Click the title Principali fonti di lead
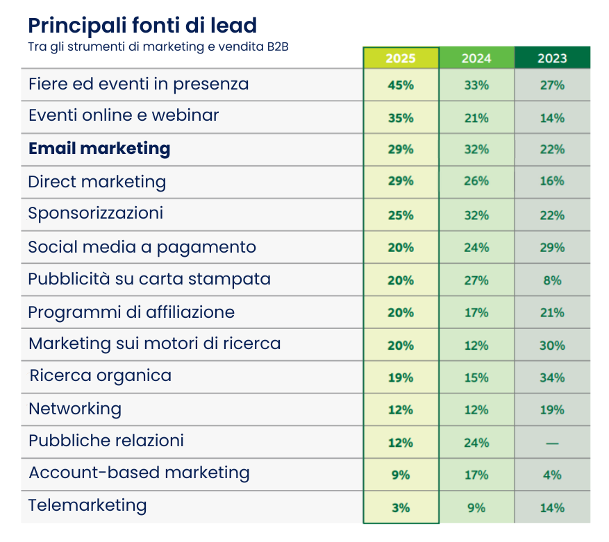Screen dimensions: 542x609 tap(142, 26)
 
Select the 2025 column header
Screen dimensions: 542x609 tap(400, 58)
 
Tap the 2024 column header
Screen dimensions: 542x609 tap(476, 58)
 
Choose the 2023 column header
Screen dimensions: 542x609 tap(552, 58)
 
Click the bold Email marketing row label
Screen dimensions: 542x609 tap(99, 149)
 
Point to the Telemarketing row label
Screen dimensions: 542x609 tap(87, 505)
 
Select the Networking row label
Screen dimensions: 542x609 tap(75, 409)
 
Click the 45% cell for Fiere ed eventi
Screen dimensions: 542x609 tap(401, 85)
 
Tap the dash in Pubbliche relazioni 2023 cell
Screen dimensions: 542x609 tap(552, 443)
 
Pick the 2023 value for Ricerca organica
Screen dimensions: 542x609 tap(552, 378)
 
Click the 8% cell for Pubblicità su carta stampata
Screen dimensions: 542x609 tap(552, 280)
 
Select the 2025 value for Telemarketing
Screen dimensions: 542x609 tap(401, 507)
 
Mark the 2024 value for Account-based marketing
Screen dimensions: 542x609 tap(476, 475)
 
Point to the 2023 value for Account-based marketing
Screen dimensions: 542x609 tap(552, 475)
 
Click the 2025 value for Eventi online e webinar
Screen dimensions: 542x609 tap(401, 118)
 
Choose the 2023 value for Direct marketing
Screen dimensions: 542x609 tap(552, 181)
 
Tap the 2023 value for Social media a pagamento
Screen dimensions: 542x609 tap(552, 248)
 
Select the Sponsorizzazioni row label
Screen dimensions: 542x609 tap(96, 213)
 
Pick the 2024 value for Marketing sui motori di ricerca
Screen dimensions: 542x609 tap(476, 345)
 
